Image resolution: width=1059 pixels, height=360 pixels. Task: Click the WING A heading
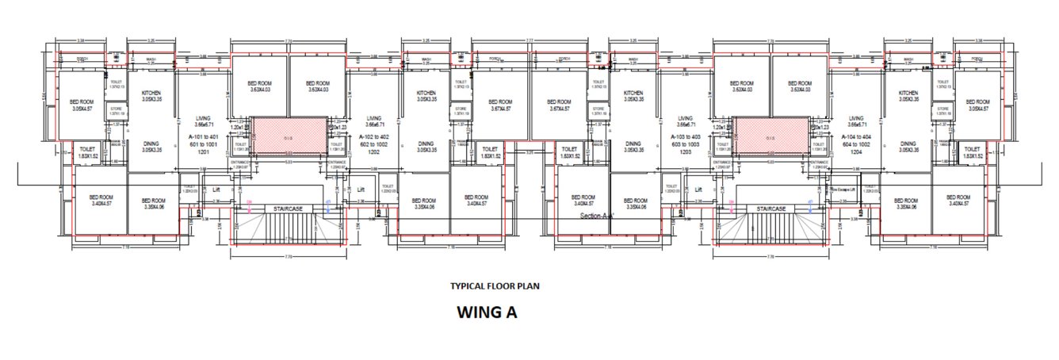(487, 312)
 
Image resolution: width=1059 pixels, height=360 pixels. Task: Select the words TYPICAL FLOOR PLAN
(495, 285)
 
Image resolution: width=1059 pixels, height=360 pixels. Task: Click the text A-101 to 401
(203, 136)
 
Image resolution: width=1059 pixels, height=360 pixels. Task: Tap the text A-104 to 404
(858, 136)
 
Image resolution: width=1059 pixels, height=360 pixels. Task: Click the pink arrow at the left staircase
(250, 207)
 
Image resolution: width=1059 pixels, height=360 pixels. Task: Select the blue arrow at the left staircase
(327, 206)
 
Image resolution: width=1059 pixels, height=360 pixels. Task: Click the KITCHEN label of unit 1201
(146, 93)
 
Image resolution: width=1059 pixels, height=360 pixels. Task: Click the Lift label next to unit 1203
(698, 190)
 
